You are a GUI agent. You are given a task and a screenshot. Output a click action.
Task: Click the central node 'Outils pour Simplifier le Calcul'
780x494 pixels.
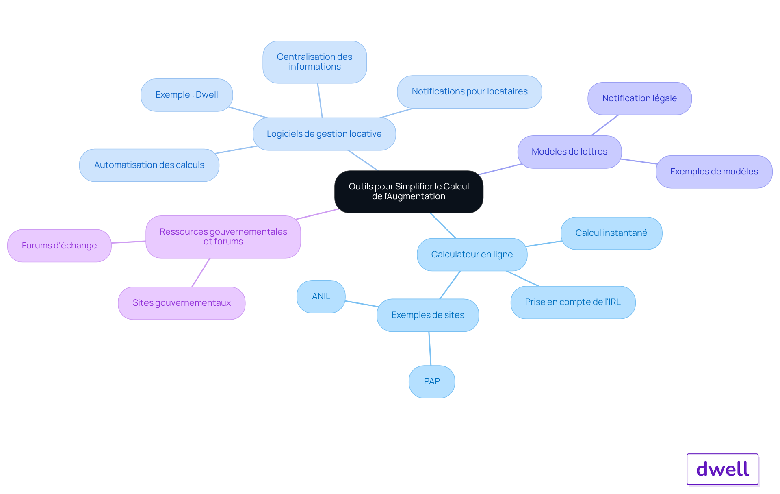pyautogui.click(x=409, y=192)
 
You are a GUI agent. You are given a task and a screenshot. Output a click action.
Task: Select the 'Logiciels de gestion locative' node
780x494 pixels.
pyautogui.click(x=324, y=134)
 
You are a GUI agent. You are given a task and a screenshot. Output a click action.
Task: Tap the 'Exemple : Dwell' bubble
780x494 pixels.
pyautogui.click(x=187, y=95)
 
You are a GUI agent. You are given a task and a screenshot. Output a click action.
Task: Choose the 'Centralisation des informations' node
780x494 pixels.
pyautogui.click(x=315, y=62)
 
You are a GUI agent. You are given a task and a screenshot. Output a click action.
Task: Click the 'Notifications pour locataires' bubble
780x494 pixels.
pyautogui.click(x=470, y=91)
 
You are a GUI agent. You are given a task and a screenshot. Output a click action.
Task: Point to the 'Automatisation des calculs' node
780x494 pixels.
pyautogui.click(x=149, y=165)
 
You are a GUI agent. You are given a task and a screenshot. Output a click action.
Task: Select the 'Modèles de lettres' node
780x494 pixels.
pyautogui.click(x=570, y=152)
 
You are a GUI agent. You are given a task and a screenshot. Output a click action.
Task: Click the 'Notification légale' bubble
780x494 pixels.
pyautogui.click(x=640, y=98)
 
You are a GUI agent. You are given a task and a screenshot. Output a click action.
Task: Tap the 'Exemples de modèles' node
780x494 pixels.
pyautogui.click(x=714, y=172)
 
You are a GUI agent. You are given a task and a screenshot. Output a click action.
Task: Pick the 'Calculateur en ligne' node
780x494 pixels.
pyautogui.click(x=472, y=255)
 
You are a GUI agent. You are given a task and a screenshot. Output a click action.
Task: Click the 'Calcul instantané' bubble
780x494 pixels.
pyautogui.click(x=611, y=233)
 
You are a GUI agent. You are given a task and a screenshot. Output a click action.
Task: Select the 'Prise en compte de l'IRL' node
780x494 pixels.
pyautogui.click(x=573, y=302)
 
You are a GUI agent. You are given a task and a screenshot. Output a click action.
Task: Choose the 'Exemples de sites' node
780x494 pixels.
pyautogui.click(x=428, y=315)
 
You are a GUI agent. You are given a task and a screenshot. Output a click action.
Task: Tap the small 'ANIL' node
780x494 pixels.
pyautogui.click(x=321, y=296)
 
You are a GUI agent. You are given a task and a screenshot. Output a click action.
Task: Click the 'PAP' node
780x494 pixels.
pyautogui.click(x=432, y=381)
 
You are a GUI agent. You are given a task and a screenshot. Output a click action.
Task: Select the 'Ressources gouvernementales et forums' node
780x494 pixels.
pyautogui.click(x=223, y=237)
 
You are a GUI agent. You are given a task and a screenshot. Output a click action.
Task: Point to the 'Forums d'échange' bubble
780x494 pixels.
pyautogui.click(x=59, y=246)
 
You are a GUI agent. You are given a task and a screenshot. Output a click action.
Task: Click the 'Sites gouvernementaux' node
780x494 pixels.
pyautogui.click(x=182, y=303)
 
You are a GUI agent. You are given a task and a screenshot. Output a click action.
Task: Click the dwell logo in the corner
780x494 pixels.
pyautogui.click(x=723, y=469)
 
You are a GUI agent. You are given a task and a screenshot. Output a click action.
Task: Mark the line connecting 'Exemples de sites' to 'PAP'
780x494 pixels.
pyautogui.click(x=430, y=348)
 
